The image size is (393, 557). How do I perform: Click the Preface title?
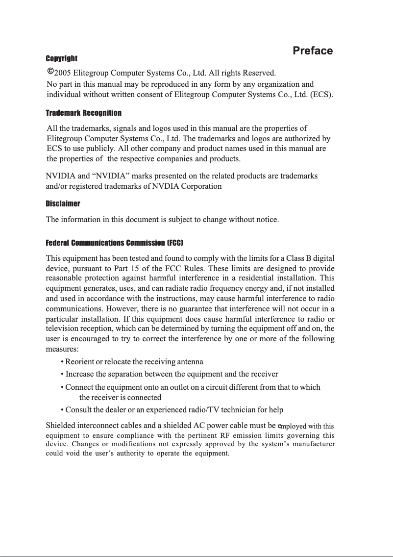313,51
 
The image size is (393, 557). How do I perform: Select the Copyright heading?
61,59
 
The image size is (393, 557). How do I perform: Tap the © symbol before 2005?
50,72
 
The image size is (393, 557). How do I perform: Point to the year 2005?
62,74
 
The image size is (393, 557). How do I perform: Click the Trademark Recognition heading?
83,113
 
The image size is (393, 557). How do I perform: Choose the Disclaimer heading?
63,203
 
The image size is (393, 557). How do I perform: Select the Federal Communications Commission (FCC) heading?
114,243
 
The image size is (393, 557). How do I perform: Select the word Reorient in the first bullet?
80,362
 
